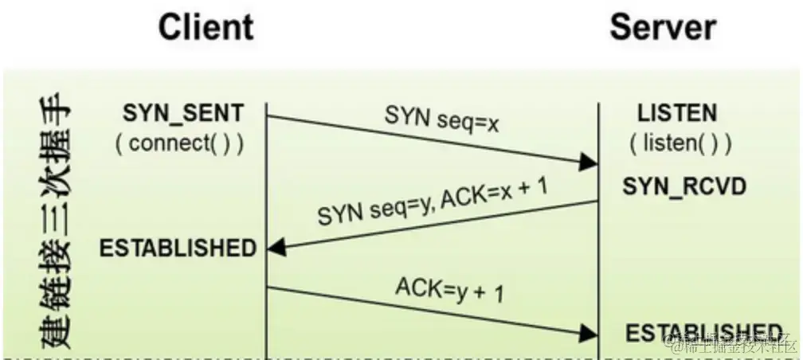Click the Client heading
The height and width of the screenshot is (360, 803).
pos(206,29)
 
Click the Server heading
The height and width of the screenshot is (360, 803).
pos(663,29)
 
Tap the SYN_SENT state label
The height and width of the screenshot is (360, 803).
pos(182,113)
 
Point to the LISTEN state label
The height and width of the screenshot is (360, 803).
pos(677,113)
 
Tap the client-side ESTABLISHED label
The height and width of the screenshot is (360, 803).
pos(178,248)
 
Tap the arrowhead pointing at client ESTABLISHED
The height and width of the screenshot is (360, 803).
pos(276,249)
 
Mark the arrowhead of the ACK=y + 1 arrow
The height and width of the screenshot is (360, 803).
pos(590,332)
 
